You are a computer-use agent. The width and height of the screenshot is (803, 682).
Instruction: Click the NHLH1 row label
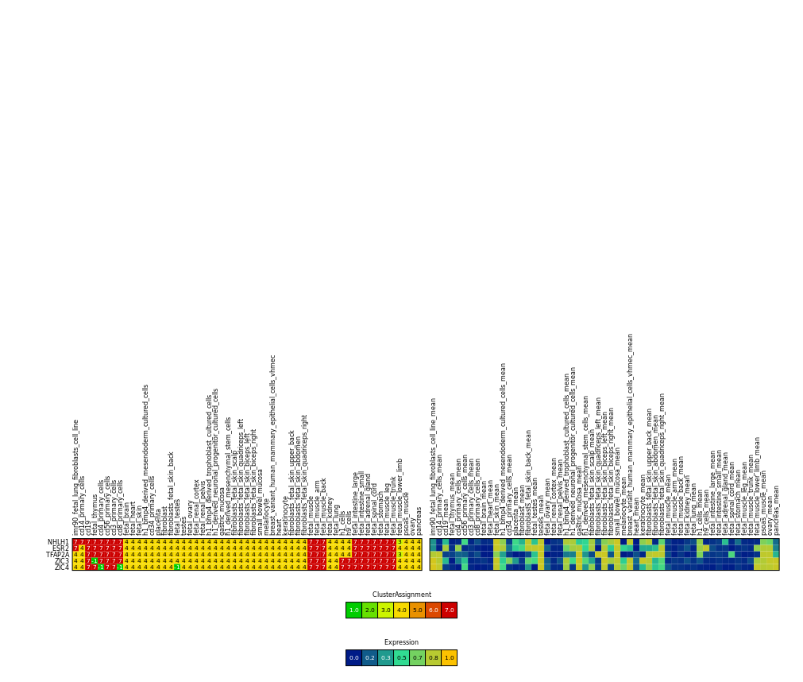pyautogui.click(x=58, y=542)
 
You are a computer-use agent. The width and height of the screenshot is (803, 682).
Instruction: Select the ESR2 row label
pyautogui.click(x=60, y=548)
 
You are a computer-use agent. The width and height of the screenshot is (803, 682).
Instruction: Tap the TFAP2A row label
pyautogui.click(x=57, y=555)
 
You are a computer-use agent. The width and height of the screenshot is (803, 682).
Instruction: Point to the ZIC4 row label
pyautogui.click(x=61, y=568)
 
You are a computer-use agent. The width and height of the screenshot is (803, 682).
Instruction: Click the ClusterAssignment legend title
pyautogui.click(x=401, y=595)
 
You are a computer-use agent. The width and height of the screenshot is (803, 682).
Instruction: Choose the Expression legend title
pyautogui.click(x=401, y=642)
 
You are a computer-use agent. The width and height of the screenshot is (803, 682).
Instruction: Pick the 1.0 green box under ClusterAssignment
pyautogui.click(x=353, y=610)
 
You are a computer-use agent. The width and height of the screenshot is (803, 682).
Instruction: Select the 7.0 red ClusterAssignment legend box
pyautogui.click(x=449, y=610)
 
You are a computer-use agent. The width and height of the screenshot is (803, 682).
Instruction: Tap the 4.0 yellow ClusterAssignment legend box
pyautogui.click(x=401, y=610)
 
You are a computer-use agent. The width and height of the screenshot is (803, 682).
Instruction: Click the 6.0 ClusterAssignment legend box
pyautogui.click(x=433, y=610)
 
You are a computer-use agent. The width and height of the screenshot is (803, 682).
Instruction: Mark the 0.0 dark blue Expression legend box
pyautogui.click(x=353, y=657)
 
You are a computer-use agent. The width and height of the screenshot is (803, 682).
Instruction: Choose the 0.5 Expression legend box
pyautogui.click(x=401, y=657)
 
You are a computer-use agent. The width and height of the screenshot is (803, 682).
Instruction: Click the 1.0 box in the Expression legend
pyautogui.click(x=449, y=657)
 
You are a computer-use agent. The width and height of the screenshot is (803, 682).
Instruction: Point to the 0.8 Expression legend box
pyautogui.click(x=433, y=657)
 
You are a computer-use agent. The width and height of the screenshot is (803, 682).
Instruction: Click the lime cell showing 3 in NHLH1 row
pyautogui.click(x=400, y=542)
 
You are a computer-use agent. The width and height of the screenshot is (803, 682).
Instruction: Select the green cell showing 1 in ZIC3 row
pyautogui.click(x=95, y=561)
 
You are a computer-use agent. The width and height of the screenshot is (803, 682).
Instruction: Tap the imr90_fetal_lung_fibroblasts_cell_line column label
pyautogui.click(x=76, y=477)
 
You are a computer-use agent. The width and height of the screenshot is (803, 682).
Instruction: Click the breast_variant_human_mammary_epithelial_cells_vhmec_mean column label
pyautogui.click(x=631, y=433)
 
